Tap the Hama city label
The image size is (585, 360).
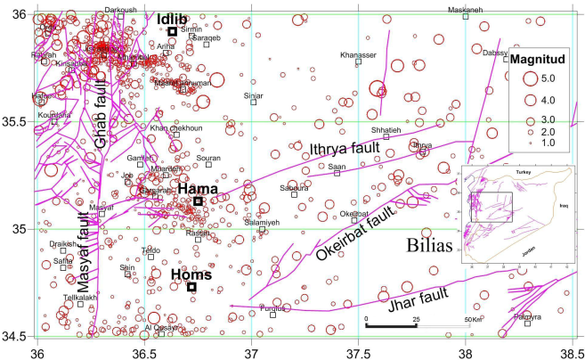point(195,188)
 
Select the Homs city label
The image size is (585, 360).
point(191,274)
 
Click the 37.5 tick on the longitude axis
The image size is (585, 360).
point(358,351)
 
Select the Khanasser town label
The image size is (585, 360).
point(358,54)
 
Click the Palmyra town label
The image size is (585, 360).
point(527,315)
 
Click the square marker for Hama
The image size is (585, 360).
point(198,201)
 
